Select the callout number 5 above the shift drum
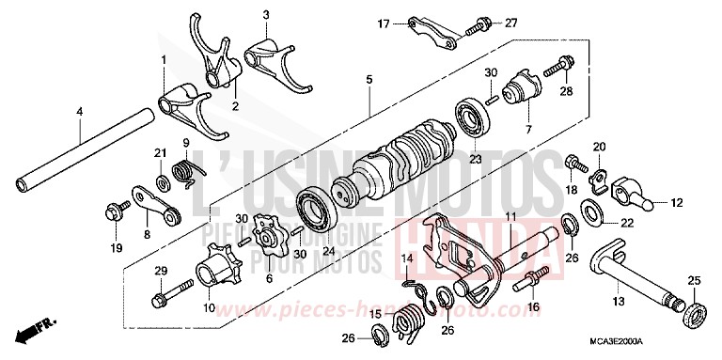[x=369, y=79]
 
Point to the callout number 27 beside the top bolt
[x=511, y=22]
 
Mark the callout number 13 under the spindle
[x=618, y=302]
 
